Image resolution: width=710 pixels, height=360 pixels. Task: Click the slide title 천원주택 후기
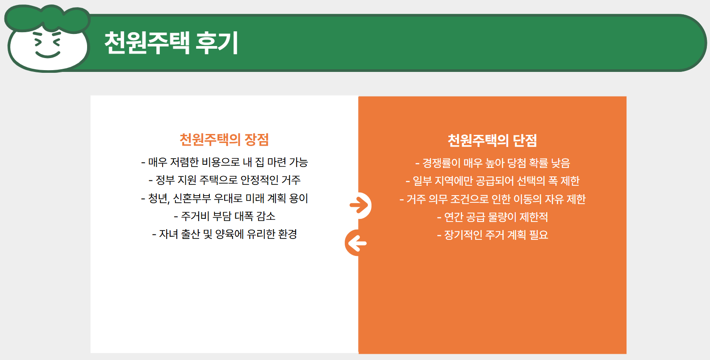171,43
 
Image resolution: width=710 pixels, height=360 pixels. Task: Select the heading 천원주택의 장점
224,140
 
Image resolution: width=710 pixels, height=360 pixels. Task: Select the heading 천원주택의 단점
492,141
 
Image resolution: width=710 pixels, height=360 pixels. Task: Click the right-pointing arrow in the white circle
359,205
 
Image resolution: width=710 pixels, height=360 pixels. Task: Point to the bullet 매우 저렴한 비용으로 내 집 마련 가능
225,162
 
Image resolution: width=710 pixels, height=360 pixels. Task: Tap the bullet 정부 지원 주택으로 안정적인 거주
225,180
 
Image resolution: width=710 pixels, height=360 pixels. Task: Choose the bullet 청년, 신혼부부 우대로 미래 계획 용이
225,198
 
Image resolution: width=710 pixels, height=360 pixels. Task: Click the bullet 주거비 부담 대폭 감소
225,216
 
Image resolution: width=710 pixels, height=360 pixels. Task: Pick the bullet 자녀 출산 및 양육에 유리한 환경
225,234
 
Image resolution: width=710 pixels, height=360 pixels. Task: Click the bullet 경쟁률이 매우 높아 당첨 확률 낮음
493,163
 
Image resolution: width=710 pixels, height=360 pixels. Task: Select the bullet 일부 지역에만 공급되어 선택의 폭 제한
493,181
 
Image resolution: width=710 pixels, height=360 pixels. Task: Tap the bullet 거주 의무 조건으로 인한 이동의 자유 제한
493,199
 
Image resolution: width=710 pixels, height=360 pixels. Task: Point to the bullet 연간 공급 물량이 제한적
493,217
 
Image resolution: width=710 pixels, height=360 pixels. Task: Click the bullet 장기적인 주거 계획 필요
493,235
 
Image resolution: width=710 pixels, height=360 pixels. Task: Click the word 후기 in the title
217,43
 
